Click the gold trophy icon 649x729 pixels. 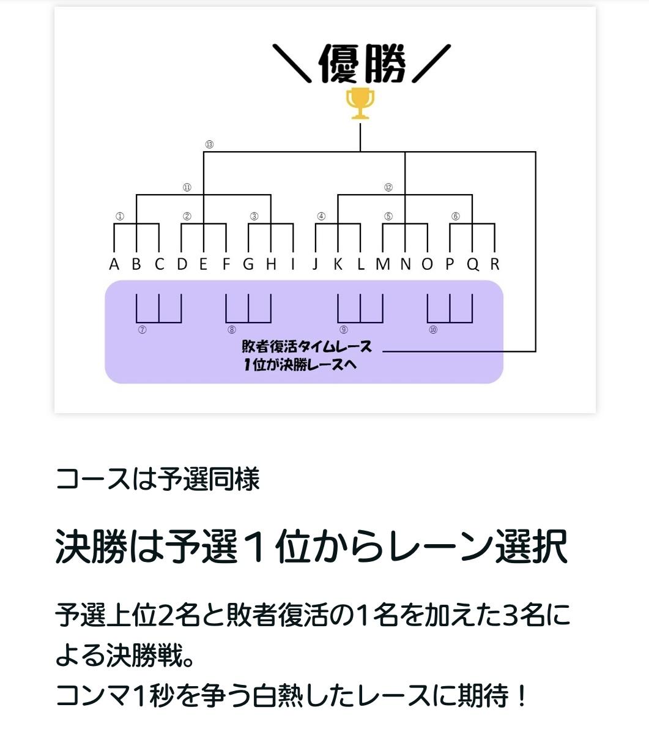click(360, 103)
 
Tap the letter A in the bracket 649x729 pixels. click(114, 264)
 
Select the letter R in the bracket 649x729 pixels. click(495, 264)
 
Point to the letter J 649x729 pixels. click(315, 264)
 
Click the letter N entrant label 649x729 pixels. click(406, 264)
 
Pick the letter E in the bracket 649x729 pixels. click(203, 264)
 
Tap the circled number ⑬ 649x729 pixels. click(209, 144)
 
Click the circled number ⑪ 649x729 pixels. click(187, 187)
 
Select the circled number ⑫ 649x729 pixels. click(388, 187)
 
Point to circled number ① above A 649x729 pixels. click(120, 216)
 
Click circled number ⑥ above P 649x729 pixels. click(455, 216)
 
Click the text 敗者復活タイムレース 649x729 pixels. click(307, 347)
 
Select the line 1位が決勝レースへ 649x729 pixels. click(300, 365)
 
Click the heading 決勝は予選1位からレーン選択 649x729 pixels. click(312, 547)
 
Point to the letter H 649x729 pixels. click(271, 264)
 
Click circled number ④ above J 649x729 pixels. click(321, 216)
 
